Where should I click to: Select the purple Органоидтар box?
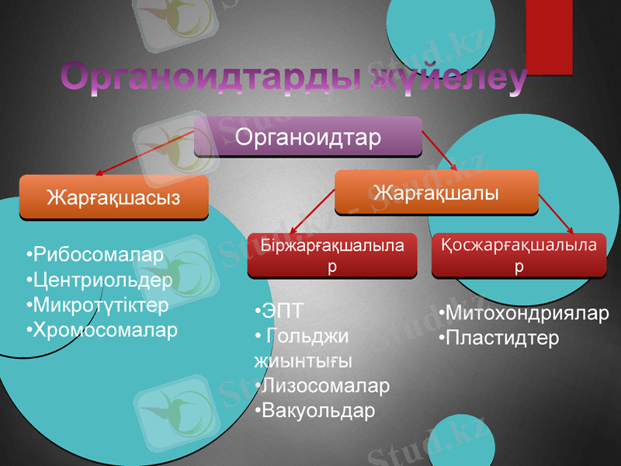(307, 137)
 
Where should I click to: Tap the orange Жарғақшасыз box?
(113, 196)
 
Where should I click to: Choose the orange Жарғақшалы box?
(435, 192)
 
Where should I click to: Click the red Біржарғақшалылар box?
(332, 256)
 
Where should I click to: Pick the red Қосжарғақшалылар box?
(519, 255)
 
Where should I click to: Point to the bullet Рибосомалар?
(95, 255)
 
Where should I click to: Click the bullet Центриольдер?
(99, 280)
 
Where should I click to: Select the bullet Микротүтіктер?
(97, 304)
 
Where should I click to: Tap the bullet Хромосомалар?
(102, 329)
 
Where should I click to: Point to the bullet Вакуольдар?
(314, 409)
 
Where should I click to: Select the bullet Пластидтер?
(498, 339)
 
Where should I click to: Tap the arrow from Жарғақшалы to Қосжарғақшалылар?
(556, 213)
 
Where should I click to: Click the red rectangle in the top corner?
(549, 36)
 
